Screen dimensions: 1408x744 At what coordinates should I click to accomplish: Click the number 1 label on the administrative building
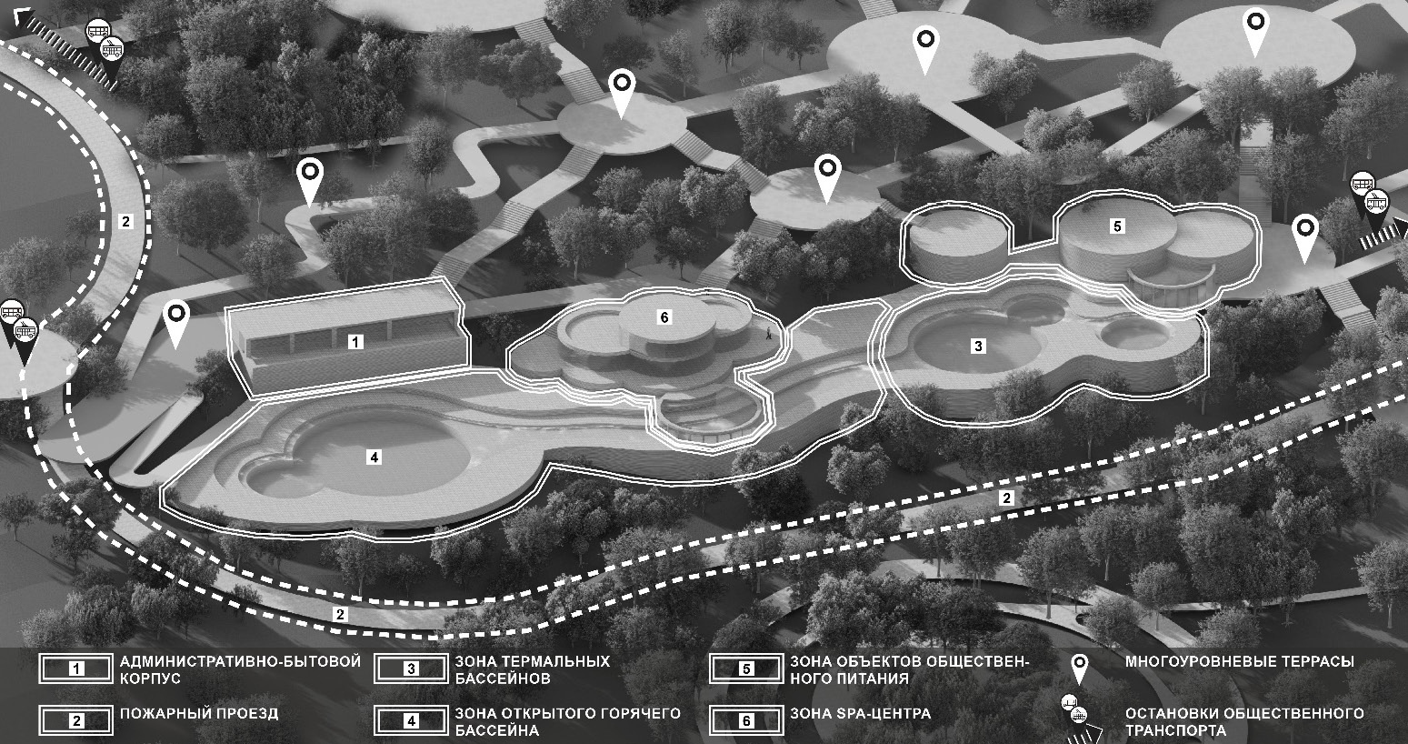355,342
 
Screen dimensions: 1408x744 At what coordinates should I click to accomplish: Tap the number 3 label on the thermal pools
977,346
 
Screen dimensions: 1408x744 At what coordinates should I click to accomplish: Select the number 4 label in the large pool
374,457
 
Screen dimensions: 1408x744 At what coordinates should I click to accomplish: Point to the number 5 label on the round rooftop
1117,226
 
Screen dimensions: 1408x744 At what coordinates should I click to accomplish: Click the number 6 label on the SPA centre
664,317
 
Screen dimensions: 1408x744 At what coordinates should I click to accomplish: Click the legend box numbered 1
76,669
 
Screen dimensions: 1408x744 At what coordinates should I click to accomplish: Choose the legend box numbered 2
76,720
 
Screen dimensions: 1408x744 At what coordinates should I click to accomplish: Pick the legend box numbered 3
411,669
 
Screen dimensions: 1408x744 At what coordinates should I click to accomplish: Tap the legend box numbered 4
411,720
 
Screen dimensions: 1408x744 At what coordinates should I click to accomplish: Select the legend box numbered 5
746,669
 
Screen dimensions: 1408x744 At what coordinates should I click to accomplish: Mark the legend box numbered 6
746,720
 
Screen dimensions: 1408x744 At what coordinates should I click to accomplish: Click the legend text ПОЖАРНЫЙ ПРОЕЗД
199,714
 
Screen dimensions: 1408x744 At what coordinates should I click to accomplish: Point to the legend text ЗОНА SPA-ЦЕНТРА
861,714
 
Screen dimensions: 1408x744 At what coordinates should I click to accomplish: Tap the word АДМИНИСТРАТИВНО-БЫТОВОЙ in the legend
240,661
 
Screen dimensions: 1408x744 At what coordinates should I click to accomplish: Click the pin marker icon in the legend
1079,669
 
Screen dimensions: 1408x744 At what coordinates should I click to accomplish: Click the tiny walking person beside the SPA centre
767,333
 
